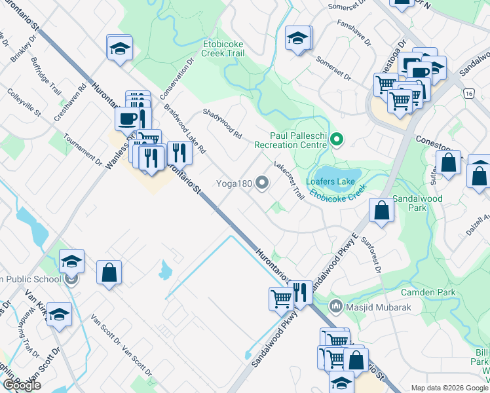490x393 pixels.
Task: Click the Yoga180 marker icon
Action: pos(262,183)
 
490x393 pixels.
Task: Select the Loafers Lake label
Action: pos(330,181)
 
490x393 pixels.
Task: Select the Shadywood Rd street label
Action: pos(223,123)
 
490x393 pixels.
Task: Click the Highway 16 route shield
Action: pos(468,93)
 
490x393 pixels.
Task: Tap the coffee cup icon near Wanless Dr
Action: pos(127,119)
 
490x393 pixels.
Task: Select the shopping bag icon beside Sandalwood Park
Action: pos(381,210)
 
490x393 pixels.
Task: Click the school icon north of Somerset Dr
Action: pos(297,39)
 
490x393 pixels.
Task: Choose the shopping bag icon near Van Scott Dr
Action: pos(109,272)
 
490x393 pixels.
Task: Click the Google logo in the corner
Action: pos(22,385)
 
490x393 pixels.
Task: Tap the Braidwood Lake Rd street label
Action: pos(185,129)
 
